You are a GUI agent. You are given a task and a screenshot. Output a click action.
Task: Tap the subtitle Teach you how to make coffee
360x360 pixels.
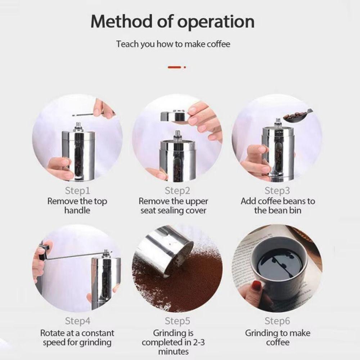point(173,44)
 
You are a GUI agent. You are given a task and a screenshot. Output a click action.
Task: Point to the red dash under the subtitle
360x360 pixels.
point(174,67)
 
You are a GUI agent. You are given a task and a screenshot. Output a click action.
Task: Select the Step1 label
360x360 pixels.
point(78,191)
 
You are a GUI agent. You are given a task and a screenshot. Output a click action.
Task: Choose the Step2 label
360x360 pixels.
point(177,191)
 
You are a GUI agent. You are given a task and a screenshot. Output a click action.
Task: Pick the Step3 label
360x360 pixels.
point(277,191)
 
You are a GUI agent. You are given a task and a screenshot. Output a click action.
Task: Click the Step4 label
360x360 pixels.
point(78,321)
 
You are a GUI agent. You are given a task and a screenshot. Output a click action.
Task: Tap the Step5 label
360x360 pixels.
point(177,321)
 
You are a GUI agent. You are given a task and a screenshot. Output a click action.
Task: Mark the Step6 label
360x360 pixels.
point(277,321)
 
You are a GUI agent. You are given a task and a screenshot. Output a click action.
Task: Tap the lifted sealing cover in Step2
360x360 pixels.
point(175,116)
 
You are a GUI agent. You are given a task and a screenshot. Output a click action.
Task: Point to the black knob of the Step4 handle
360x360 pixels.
point(44,252)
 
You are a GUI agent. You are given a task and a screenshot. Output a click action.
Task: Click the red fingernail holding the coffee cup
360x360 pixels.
point(256,285)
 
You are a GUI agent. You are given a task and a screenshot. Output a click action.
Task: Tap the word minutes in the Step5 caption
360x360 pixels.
point(174,351)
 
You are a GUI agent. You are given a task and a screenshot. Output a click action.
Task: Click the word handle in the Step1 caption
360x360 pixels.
point(77,210)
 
